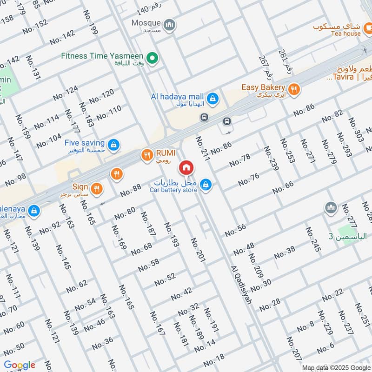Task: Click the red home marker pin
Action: tap(186, 167)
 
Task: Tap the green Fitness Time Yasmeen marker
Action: tap(152, 58)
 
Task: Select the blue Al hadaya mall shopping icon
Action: tap(213, 98)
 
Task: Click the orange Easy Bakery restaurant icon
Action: tap(293, 89)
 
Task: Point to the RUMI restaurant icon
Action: tap(147, 155)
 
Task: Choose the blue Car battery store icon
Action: tap(206, 186)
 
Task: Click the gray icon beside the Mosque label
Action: tap(170, 24)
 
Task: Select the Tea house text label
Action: tap(345, 33)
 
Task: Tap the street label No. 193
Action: tap(171, 234)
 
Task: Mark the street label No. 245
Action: tap(313, 240)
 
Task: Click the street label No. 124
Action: tap(65, 93)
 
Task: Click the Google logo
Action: tap(20, 365)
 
